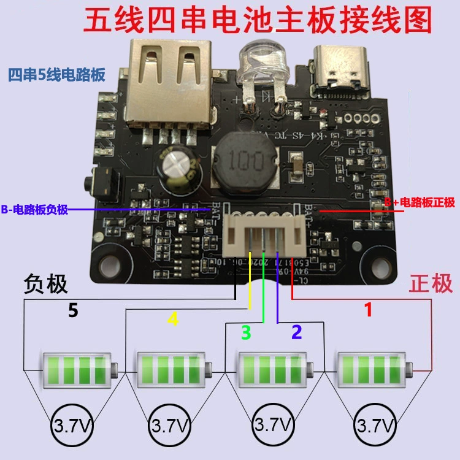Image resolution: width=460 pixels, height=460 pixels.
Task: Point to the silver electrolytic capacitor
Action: click(178, 166)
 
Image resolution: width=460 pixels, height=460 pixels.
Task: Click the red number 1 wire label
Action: click(369, 310)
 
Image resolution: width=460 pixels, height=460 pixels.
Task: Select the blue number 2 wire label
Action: click(296, 332)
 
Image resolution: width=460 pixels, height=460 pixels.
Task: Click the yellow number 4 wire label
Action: click(173, 320)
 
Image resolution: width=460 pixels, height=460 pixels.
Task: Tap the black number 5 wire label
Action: click(73, 311)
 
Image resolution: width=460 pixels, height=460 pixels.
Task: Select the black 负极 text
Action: click(45, 284)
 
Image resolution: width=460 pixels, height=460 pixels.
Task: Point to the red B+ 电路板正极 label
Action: click(420, 203)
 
